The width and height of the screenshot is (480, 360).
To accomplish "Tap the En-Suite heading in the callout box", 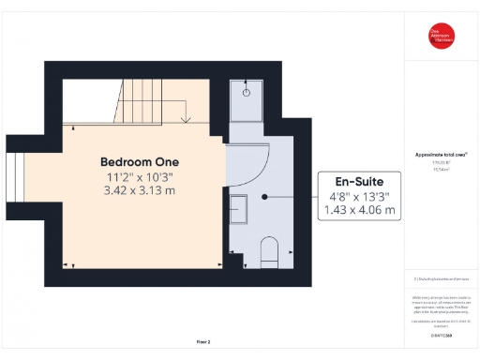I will [x=361, y=180].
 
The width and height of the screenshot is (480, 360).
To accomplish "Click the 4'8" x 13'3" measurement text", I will [x=361, y=196].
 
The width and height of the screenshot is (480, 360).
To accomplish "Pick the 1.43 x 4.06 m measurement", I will [x=361, y=211].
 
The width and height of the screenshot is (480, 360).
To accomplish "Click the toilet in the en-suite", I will [x=270, y=250].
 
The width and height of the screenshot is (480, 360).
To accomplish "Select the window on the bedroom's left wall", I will [x=13, y=187].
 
